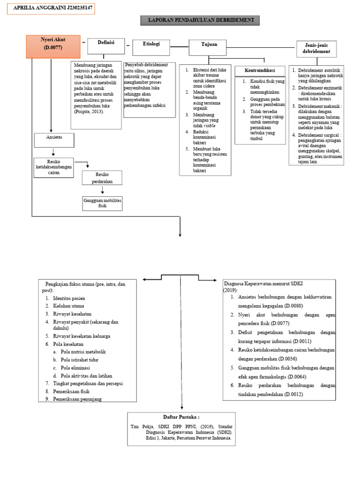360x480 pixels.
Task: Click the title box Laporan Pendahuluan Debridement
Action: click(x=200, y=20)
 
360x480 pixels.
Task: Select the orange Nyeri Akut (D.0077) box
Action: click(x=52, y=45)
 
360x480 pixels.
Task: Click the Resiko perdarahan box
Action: click(x=102, y=177)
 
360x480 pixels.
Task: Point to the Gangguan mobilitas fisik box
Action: click(x=102, y=203)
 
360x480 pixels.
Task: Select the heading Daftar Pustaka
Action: click(x=181, y=417)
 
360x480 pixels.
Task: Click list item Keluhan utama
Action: click(x=68, y=306)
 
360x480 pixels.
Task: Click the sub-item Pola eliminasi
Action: click(x=75, y=368)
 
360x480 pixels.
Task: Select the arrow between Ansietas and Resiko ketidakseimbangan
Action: click(x=54, y=152)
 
